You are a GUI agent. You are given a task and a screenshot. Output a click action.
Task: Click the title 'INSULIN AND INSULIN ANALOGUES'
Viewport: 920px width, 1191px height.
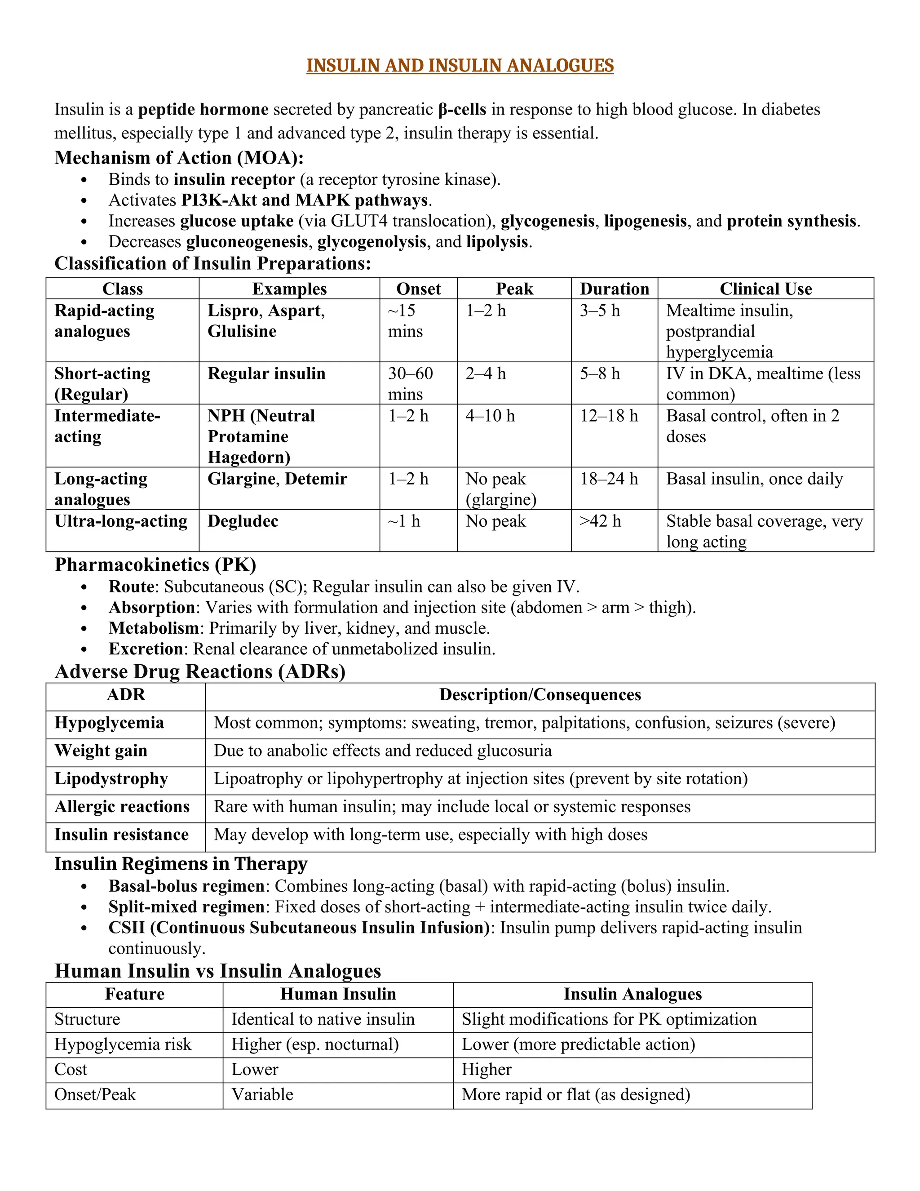pyautogui.click(x=460, y=66)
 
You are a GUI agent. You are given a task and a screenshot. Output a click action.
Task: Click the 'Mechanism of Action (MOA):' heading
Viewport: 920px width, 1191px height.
pyautogui.click(x=179, y=158)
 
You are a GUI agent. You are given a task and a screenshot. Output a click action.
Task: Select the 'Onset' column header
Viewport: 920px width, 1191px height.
pyautogui.click(x=418, y=289)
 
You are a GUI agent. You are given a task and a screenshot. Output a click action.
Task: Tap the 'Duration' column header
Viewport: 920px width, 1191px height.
pyautogui.click(x=614, y=289)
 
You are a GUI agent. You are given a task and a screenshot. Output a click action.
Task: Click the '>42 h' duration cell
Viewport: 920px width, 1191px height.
pyautogui.click(x=600, y=521)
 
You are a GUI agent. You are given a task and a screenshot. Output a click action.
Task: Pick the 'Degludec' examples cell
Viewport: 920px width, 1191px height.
pyautogui.click(x=243, y=521)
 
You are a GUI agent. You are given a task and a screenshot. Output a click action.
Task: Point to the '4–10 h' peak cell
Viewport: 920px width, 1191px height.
pyautogui.click(x=490, y=416)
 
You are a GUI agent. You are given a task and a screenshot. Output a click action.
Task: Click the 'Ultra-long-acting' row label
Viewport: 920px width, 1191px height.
pyautogui.click(x=120, y=521)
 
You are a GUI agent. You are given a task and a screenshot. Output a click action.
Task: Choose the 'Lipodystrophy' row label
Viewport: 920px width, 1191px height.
pyautogui.click(x=111, y=779)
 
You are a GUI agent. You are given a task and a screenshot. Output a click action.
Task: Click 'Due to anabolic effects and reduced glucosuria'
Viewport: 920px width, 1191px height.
pyautogui.click(x=383, y=751)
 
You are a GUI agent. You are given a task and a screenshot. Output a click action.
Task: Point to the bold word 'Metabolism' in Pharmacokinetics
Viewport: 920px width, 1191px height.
pyautogui.click(x=154, y=628)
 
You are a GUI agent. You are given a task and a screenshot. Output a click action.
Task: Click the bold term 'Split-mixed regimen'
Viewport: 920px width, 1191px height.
pyautogui.click(x=186, y=907)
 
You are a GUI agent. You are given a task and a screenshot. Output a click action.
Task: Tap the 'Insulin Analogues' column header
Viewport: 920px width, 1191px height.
pyautogui.click(x=632, y=994)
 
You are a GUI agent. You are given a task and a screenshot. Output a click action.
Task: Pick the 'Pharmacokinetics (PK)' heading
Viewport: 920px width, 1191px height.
pyautogui.click(x=155, y=565)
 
